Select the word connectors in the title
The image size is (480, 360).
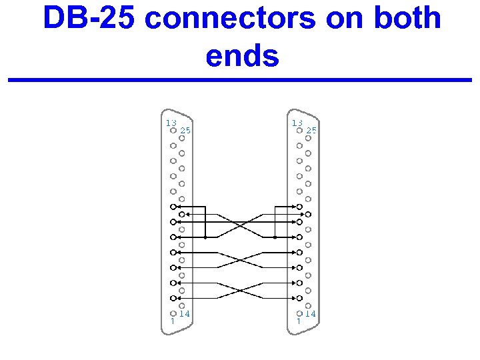pyautogui.click(x=230, y=18)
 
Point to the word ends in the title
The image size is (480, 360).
pyautogui.click(x=242, y=56)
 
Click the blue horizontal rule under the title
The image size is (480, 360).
pyautogui.click(x=240, y=80)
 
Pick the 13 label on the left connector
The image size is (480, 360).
pyautogui.click(x=171, y=123)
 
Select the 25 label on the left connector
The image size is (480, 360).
pyautogui.click(x=185, y=131)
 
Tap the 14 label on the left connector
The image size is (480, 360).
pyautogui.click(x=185, y=313)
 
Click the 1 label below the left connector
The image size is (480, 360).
pyautogui.click(x=172, y=321)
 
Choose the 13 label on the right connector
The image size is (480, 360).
pyautogui.click(x=297, y=123)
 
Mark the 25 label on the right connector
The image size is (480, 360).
pyautogui.click(x=311, y=131)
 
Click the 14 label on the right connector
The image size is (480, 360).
pyautogui.click(x=311, y=313)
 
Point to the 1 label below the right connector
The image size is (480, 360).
pyautogui.click(x=298, y=321)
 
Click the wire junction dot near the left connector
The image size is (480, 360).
pyautogui.click(x=206, y=237)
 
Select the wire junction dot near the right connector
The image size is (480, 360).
pyautogui.click(x=274, y=237)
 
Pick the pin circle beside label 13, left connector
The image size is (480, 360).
pyautogui.click(x=173, y=131)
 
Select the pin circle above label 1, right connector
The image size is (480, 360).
pyautogui.click(x=299, y=313)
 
